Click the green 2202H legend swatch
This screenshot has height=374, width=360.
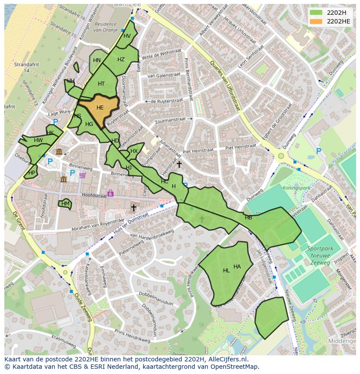[316, 12]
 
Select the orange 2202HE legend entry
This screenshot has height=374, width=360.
[316, 21]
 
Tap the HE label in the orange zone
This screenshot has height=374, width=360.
[100, 108]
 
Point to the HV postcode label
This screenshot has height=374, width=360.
[127, 36]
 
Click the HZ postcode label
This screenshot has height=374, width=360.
[121, 60]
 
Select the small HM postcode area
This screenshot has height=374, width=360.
[65, 204]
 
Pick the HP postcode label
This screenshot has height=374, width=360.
[31, 172]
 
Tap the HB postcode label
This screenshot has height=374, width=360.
[248, 218]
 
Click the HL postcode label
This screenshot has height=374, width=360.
[226, 271]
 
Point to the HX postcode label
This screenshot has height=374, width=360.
[134, 151]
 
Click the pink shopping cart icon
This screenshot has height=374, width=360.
[83, 175]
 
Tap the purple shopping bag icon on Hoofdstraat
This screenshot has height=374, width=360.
[110, 193]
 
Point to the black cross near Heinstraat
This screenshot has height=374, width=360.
[179, 164]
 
